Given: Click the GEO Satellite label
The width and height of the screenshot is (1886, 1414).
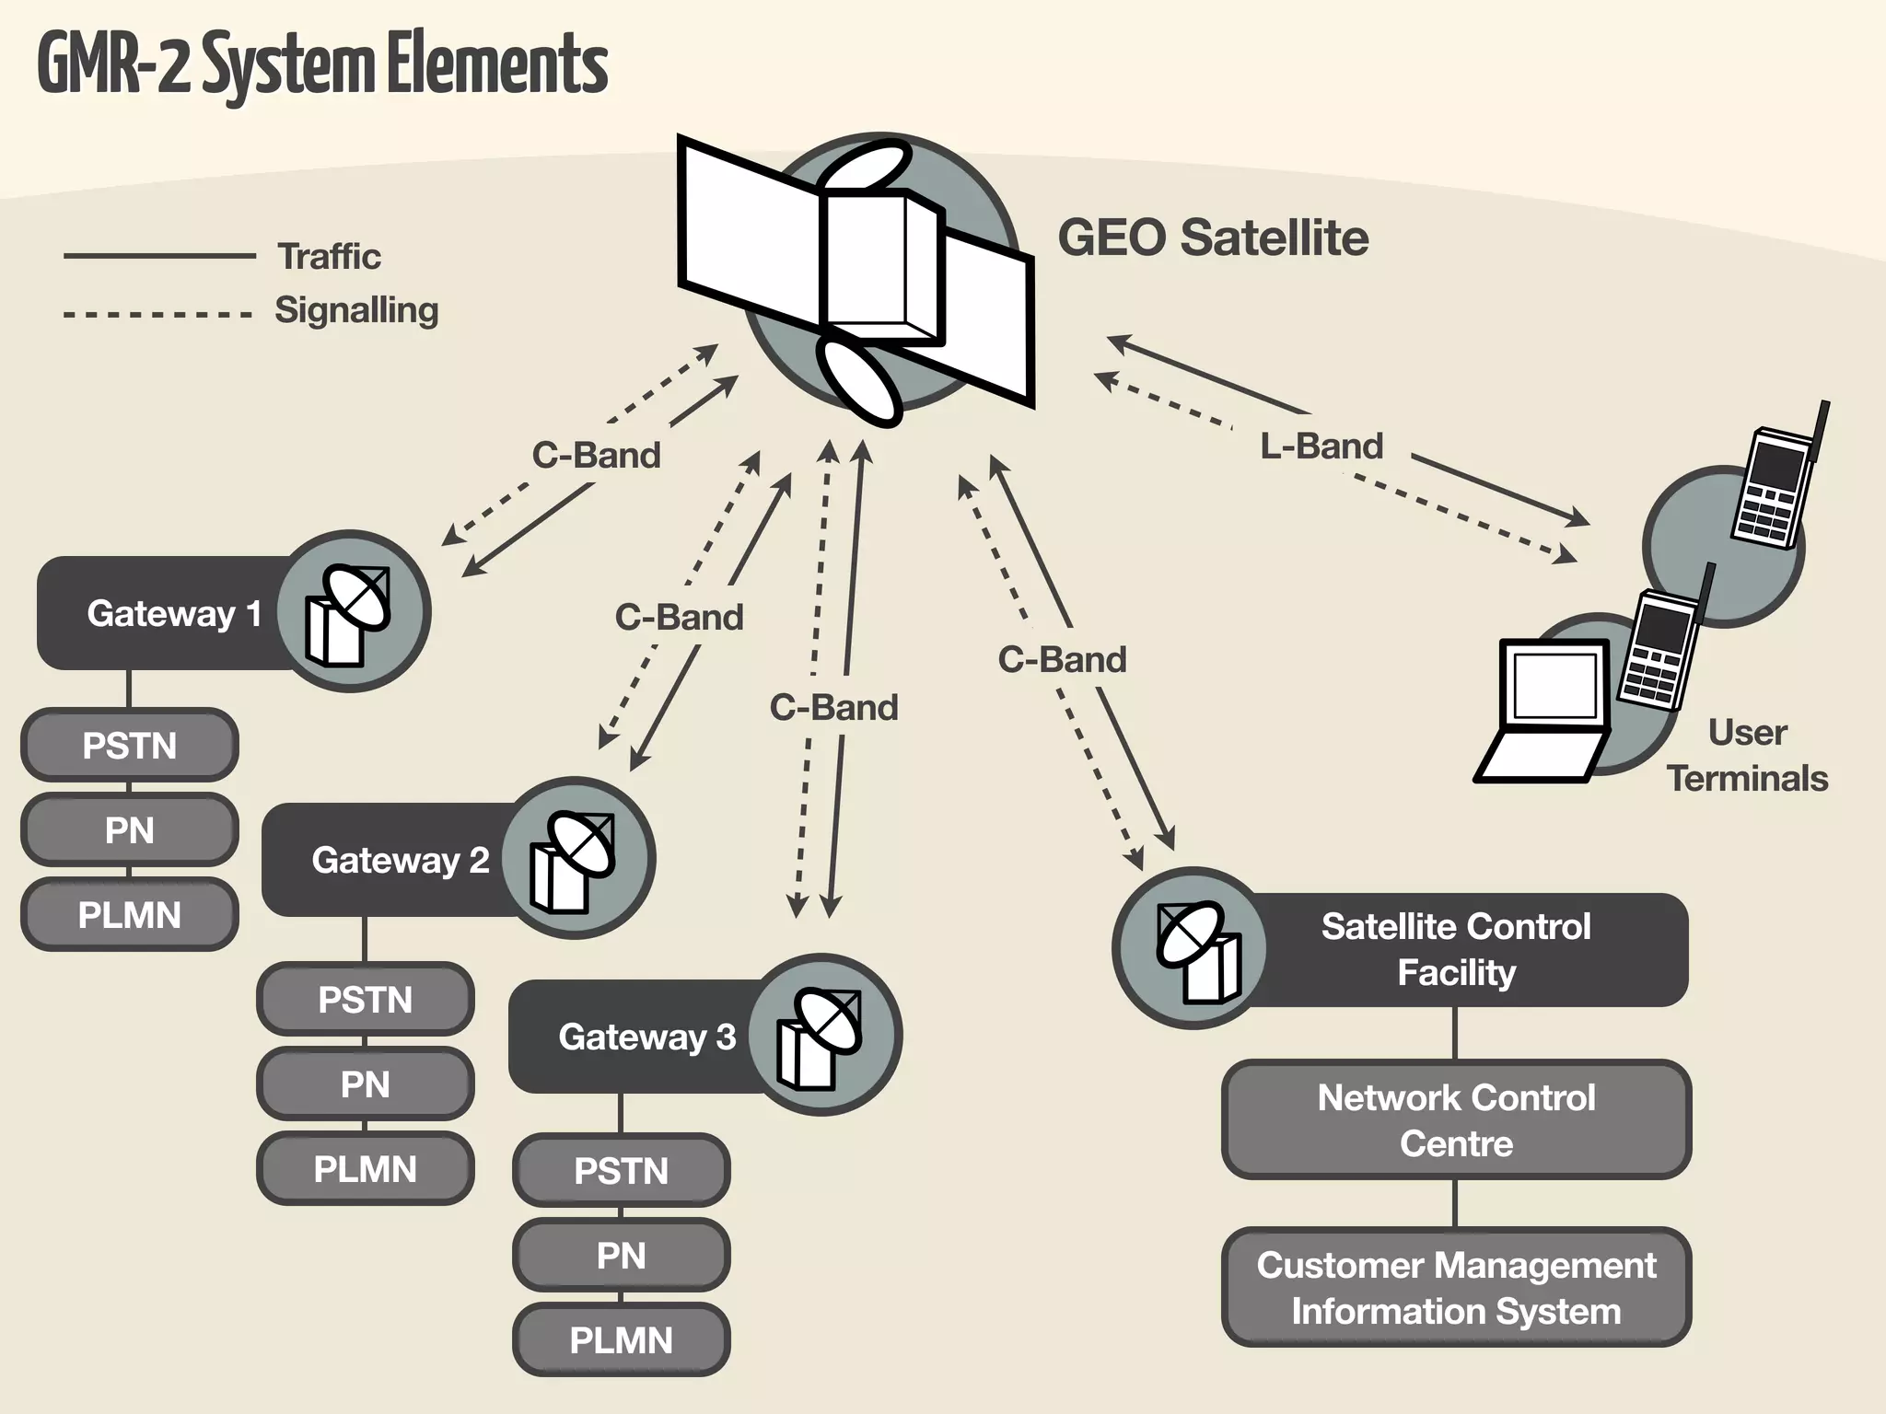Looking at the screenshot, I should [1212, 238].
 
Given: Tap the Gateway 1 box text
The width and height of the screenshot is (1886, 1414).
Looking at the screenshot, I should [174, 613].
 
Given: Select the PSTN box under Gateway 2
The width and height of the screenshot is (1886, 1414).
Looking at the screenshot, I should [365, 1000].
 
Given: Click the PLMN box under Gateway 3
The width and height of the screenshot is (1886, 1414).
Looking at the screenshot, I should [621, 1340].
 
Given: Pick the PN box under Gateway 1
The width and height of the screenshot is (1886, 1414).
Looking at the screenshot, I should [129, 830].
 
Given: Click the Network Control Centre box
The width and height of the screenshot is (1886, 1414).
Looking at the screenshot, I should [1456, 1120].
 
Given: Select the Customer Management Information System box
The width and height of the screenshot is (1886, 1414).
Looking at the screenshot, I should [1456, 1288].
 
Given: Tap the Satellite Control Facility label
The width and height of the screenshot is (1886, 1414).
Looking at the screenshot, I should [1456, 949].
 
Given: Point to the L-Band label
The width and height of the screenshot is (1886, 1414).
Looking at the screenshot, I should [1321, 446].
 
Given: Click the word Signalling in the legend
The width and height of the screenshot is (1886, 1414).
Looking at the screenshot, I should [356, 310].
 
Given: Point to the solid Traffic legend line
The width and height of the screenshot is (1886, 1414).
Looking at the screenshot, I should [159, 256].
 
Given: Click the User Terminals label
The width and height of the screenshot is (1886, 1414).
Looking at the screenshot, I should [1746, 756].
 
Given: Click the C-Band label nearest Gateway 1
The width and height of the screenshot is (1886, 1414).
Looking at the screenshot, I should [596, 456].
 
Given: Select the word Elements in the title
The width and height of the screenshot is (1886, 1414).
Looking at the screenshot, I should [496, 64].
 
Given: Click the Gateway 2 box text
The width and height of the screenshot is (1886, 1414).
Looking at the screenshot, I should [400, 860].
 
